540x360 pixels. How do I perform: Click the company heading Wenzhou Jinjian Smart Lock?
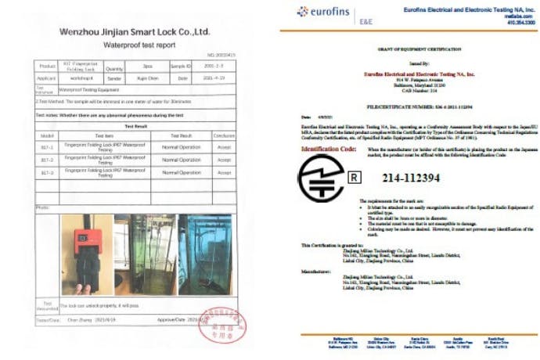(x=135, y=31)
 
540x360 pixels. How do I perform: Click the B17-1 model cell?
(x=46, y=147)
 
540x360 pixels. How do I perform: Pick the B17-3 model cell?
(x=46, y=172)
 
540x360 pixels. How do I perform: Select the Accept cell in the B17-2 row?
(x=225, y=160)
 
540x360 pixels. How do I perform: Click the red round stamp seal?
(x=221, y=326)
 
